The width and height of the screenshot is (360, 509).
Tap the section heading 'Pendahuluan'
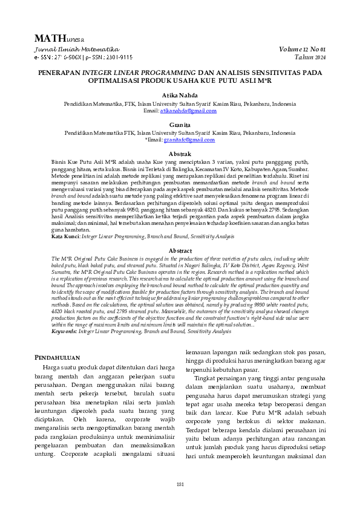[x=61, y=357]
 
